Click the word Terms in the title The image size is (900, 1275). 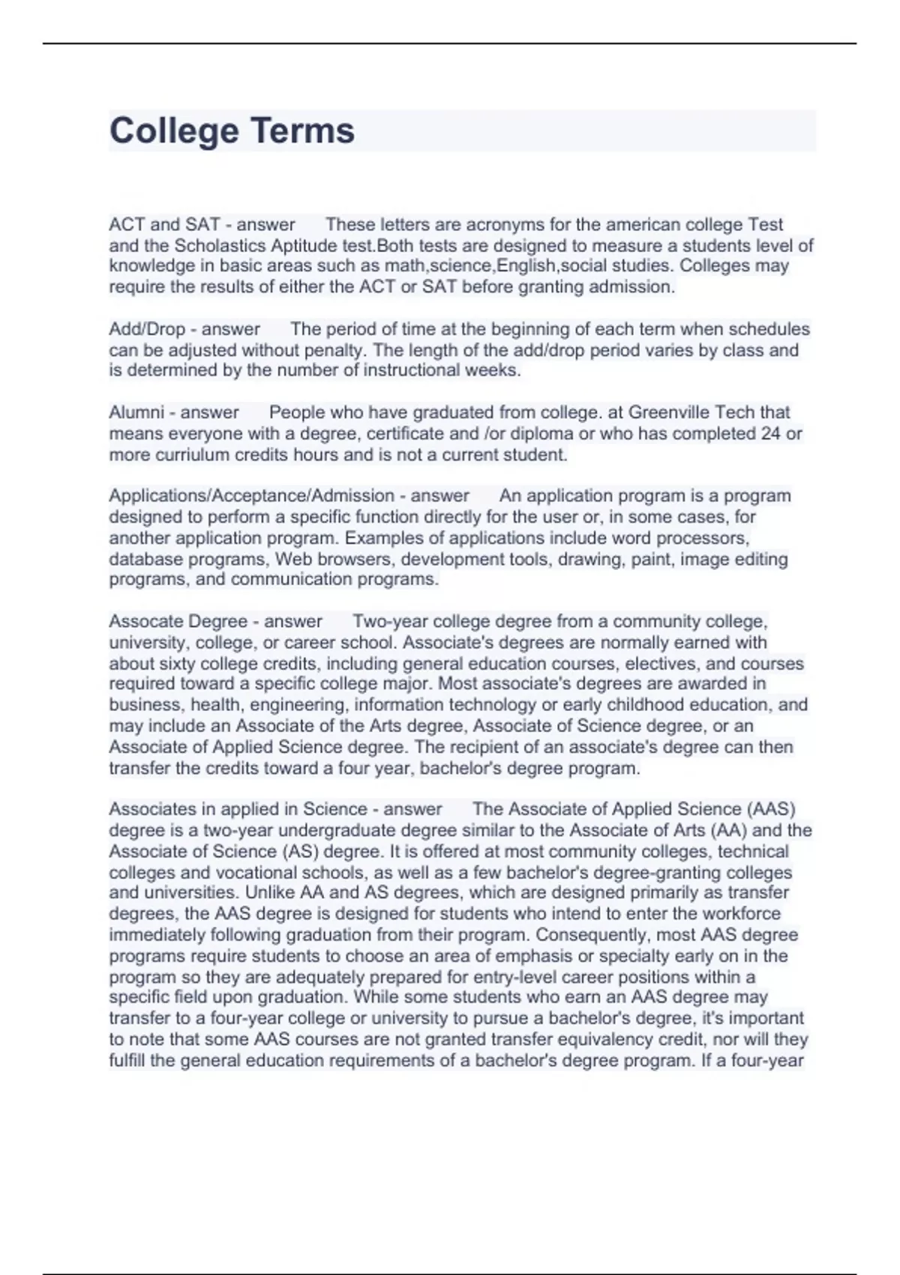point(302,130)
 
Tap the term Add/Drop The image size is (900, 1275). point(147,329)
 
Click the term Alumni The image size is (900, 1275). point(136,412)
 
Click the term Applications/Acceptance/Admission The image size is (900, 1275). point(251,496)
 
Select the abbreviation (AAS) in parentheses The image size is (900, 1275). point(771,809)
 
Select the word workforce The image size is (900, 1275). point(741,914)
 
